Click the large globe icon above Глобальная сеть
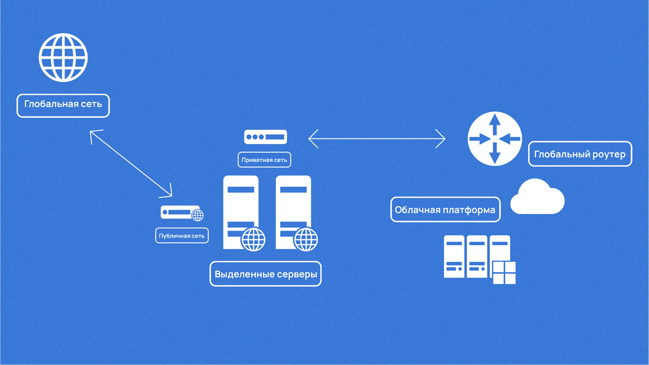[x=63, y=58]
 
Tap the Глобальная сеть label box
[x=63, y=105]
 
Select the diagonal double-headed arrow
[x=131, y=163]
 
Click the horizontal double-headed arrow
[x=377, y=139]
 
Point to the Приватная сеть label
[x=264, y=160]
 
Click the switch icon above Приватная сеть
[x=265, y=137]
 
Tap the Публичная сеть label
[x=181, y=236]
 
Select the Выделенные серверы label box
[x=265, y=274]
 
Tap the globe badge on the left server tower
[x=253, y=240]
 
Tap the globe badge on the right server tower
[x=306, y=240]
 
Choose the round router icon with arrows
[x=494, y=139]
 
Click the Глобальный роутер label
[x=580, y=154]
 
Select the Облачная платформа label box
[x=445, y=210]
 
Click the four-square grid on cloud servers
[x=504, y=272]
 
